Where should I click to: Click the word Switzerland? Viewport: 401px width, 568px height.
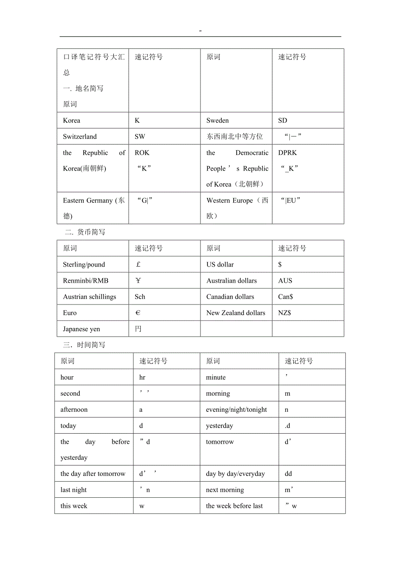tap(80, 137)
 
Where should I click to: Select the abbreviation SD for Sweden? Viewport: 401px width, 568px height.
tap(282, 120)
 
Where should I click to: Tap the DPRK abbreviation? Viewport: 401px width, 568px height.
tap(287, 153)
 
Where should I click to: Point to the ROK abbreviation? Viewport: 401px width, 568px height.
tap(142, 153)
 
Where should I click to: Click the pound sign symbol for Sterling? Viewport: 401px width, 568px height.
tap(138, 264)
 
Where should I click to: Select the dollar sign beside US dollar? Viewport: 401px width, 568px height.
tap(280, 264)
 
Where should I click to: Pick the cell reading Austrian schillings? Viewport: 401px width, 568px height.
tap(89, 297)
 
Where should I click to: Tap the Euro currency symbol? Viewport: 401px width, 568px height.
tap(138, 313)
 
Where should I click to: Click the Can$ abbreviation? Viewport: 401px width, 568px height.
tap(285, 297)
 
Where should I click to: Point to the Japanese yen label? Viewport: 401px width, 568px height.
tap(82, 329)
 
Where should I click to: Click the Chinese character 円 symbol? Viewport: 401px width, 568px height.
tap(138, 329)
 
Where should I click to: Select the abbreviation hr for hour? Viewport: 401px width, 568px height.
tap(142, 377)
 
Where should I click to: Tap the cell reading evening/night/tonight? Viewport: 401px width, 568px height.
tap(236, 410)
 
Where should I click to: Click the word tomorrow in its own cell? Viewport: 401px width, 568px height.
tap(220, 442)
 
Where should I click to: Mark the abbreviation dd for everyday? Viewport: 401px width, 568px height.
tap(288, 474)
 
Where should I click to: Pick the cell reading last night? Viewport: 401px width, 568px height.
tap(74, 490)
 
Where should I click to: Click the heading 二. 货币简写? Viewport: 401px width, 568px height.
tap(85, 232)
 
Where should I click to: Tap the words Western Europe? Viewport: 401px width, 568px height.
tap(230, 201)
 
